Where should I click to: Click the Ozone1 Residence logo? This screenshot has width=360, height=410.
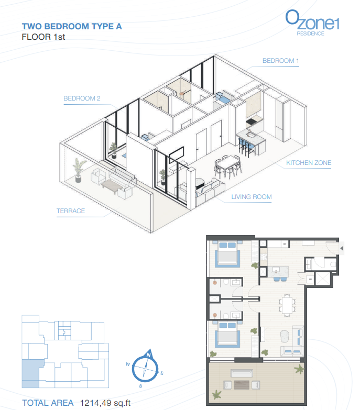coord(312,23)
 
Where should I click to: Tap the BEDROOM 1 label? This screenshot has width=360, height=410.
coord(280,61)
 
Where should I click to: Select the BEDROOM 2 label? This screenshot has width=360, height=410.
coord(82,98)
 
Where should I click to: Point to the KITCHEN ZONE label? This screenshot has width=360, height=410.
coord(309,163)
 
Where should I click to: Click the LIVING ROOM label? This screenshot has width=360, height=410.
coord(252,197)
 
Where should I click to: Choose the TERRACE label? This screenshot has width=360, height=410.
coord(71,210)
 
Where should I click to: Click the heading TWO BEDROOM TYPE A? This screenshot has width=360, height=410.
coord(72,26)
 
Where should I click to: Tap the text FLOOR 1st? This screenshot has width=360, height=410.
coord(43,37)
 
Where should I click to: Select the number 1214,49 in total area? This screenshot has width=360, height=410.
coord(96,403)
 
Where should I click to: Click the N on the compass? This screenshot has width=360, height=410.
coord(149,355)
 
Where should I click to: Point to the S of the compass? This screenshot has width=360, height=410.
coord(140,386)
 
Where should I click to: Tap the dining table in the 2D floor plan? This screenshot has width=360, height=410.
coord(287,305)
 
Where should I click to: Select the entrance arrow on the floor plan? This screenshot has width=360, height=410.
coord(342,248)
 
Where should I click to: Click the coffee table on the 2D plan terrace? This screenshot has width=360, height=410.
coord(242,385)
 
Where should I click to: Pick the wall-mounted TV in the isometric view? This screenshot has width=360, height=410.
coord(177,155)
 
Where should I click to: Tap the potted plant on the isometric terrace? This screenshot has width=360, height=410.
coord(79,170)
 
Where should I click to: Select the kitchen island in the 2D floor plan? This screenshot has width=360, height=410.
coord(278,272)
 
